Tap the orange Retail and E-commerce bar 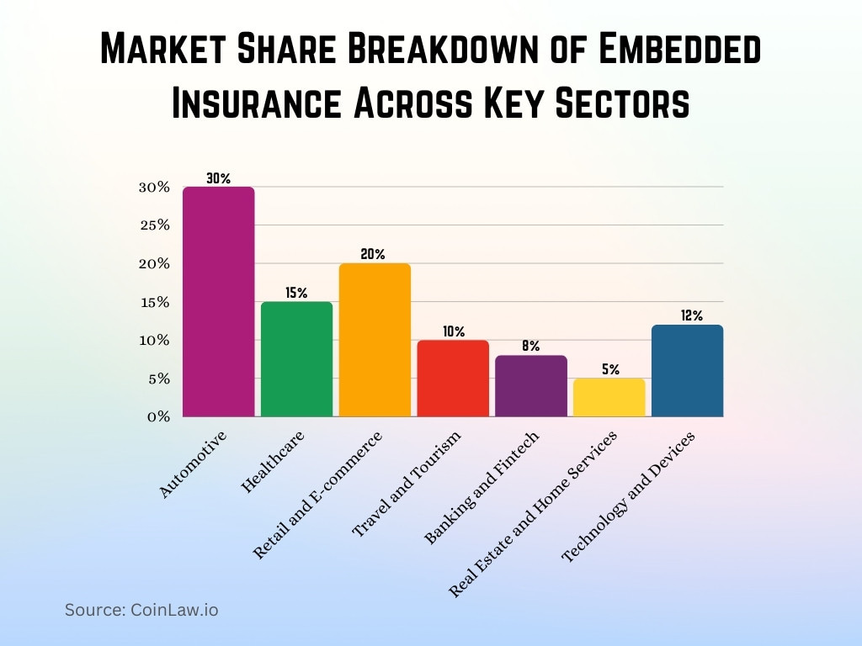(x=375, y=340)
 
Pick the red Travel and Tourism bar (x=453, y=379)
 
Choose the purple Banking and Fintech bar (x=531, y=386)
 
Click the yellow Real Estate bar (x=609, y=398)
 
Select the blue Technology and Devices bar (x=688, y=371)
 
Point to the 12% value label (x=691, y=315)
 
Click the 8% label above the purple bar (x=530, y=346)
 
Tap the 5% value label (x=610, y=369)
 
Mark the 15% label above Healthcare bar (x=296, y=293)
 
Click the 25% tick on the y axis (x=154, y=225)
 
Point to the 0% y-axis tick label (x=158, y=417)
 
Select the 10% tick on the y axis (x=154, y=341)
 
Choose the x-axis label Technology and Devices (x=628, y=498)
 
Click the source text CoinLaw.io (x=141, y=610)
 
